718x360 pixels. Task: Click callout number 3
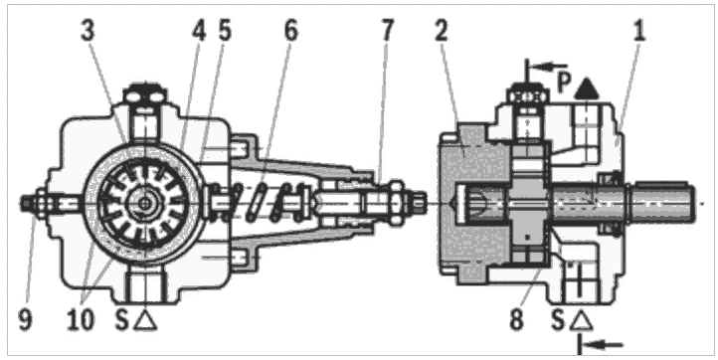point(88,31)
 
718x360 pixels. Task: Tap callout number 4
point(199,31)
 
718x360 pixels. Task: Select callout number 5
point(225,31)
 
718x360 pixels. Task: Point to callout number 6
point(290,31)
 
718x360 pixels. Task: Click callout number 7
point(387,31)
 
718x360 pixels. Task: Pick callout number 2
point(441,31)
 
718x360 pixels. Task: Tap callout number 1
point(638,31)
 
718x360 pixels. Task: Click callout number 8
point(516,319)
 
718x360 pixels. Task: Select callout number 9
point(26,319)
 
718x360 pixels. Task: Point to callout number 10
point(81,319)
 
